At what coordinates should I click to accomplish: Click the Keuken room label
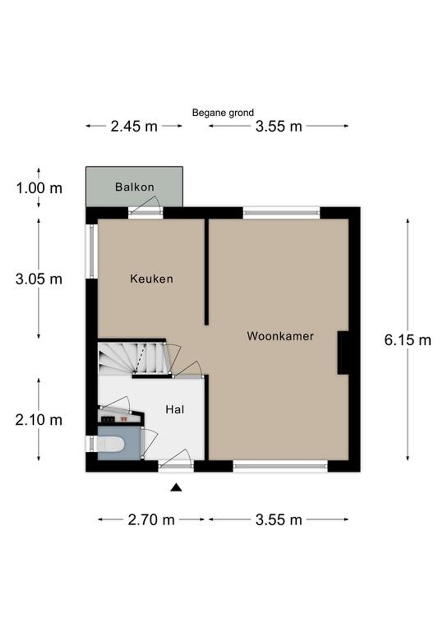pyautogui.click(x=152, y=279)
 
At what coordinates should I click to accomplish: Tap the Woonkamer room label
pyautogui.click(x=280, y=336)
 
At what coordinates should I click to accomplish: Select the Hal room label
pyautogui.click(x=175, y=409)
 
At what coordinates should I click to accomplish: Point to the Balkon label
pyautogui.click(x=135, y=187)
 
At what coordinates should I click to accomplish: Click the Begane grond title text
pyautogui.click(x=223, y=113)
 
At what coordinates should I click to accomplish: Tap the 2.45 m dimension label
pyautogui.click(x=134, y=126)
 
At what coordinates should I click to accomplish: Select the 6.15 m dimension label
pyautogui.click(x=408, y=340)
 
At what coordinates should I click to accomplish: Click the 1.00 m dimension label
pyautogui.click(x=39, y=188)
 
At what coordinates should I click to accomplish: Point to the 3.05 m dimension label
pyautogui.click(x=39, y=280)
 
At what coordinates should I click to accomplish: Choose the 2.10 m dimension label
pyautogui.click(x=39, y=420)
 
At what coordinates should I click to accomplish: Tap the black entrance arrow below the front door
pyautogui.click(x=176, y=487)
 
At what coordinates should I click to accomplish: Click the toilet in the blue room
pyautogui.click(x=110, y=444)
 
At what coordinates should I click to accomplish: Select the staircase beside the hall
pyautogui.click(x=135, y=358)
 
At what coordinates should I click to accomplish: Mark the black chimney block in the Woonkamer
pyautogui.click(x=343, y=353)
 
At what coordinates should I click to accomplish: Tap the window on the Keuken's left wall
pyautogui.click(x=92, y=251)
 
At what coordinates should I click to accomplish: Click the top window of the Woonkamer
pyautogui.click(x=282, y=213)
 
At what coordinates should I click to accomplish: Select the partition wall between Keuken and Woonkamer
pyautogui.click(x=206, y=272)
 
